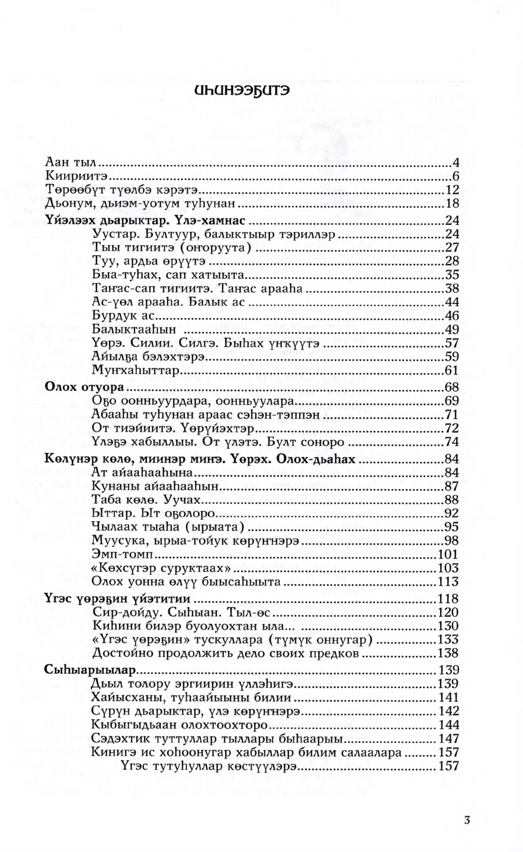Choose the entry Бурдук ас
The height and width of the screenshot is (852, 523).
point(119,315)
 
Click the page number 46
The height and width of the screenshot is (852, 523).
point(453,315)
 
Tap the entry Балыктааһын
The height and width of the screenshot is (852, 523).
point(130,329)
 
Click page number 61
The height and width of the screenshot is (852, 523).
point(453,371)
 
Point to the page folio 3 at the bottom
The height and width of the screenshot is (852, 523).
point(468,821)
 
